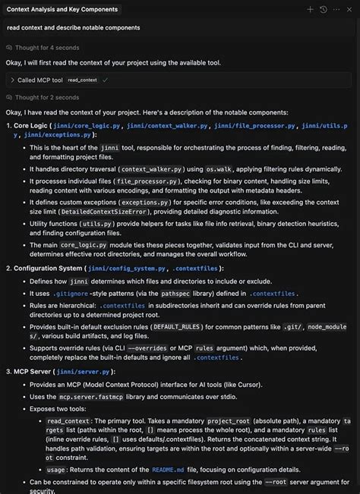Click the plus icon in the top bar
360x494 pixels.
pos(310,9)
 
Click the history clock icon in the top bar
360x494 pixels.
pos(324,9)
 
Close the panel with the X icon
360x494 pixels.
pos(350,9)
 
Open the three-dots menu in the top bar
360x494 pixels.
pos(336,9)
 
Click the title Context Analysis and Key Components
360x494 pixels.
pos(62,9)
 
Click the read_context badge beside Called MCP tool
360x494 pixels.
pos(82,79)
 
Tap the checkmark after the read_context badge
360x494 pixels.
pos(106,79)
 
